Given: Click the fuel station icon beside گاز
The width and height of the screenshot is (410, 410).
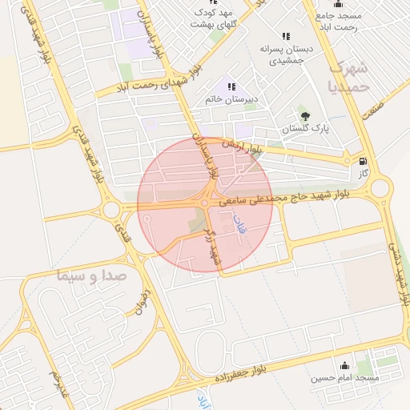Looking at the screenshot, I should [x=365, y=160].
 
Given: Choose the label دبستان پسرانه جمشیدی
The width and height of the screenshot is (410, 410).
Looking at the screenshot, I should [x=286, y=54].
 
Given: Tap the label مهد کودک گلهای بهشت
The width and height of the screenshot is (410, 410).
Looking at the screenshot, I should [x=214, y=18].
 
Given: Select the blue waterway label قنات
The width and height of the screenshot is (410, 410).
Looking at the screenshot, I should [x=238, y=227].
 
